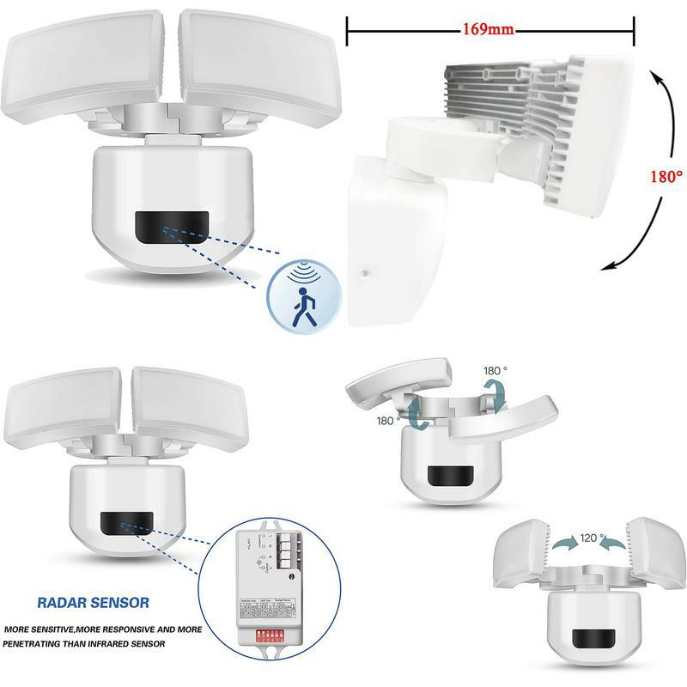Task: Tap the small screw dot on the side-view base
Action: pos(365,274)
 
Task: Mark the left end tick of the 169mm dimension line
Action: pos(347,29)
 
